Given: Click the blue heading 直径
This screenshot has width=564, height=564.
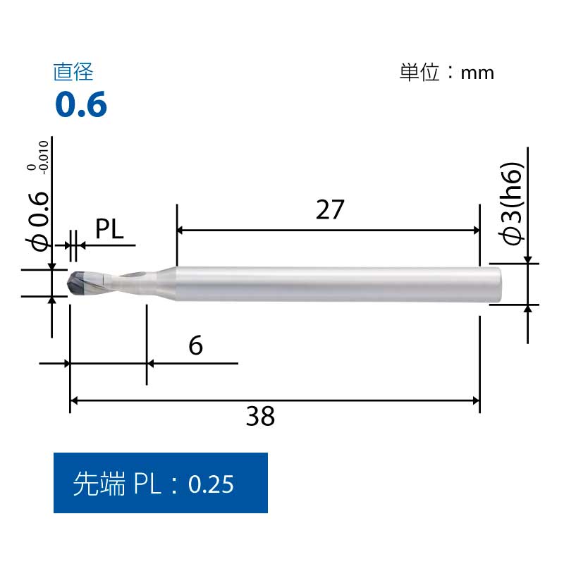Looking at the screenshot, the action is point(73,72).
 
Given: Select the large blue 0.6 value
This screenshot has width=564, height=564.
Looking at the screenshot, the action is point(81,104).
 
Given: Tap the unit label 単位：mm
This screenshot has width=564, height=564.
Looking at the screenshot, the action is point(447,73).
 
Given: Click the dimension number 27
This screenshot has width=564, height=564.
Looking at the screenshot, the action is point(330,209).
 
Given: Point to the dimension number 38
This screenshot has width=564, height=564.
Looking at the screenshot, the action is point(260,416).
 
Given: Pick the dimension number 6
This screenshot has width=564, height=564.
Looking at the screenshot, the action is point(196,345).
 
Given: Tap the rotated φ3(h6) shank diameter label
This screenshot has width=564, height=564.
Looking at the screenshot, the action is point(510,204).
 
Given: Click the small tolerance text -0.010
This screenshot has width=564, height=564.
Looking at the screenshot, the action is point(44,157).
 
